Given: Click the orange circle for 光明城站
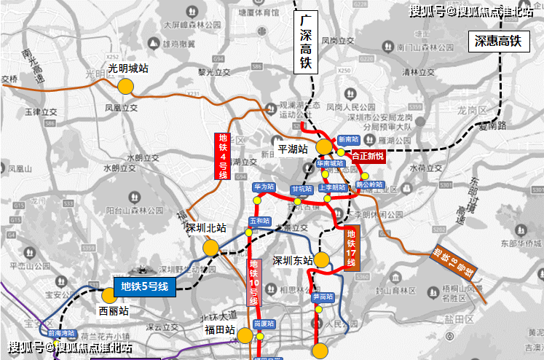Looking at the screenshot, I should (125, 86).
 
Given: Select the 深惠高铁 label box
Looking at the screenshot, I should (495, 42).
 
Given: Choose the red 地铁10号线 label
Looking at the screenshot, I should (254, 282).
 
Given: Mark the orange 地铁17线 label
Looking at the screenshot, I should (351, 249).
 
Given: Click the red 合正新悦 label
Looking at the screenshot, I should (368, 155).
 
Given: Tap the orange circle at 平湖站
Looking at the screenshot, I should (324, 147).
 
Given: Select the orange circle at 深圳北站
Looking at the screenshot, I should (211, 248).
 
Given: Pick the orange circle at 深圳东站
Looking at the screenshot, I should (322, 260).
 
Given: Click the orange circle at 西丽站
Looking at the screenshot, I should (109, 295).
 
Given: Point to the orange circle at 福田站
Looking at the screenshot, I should (245, 336).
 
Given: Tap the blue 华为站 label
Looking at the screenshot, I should (264, 187).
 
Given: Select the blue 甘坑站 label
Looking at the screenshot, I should (301, 189).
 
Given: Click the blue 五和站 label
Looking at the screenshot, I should (259, 220).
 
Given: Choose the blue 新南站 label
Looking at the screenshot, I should (348, 139).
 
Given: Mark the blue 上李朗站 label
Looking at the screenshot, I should (331, 187).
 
